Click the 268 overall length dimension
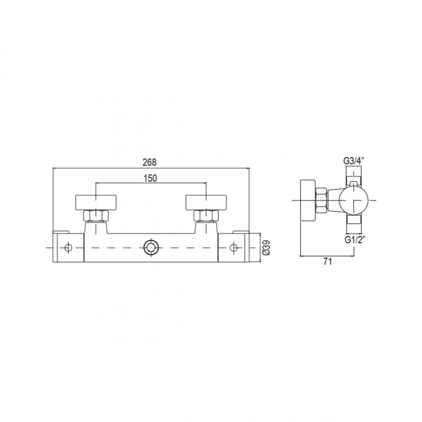click(x=150, y=162)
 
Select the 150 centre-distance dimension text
click(x=150, y=178)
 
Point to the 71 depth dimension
click(x=327, y=261)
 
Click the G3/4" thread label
click(x=354, y=161)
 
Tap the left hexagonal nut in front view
click(x=96, y=216)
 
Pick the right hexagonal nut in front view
click(x=206, y=216)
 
